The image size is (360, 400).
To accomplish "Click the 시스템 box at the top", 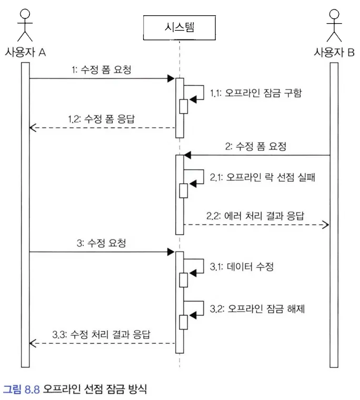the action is pos(179,27).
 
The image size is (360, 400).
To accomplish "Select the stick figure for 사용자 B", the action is pos(333,24).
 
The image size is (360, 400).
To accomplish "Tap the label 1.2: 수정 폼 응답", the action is pos(101,118).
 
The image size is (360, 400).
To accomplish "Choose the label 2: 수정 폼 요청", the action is pos(256,147).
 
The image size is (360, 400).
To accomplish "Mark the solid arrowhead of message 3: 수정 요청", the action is pos(171,252).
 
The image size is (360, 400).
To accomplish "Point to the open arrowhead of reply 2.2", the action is pos(326,225).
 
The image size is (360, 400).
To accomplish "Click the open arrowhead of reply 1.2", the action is pos(33,127).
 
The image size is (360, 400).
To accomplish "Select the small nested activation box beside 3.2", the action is pos(184,322).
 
